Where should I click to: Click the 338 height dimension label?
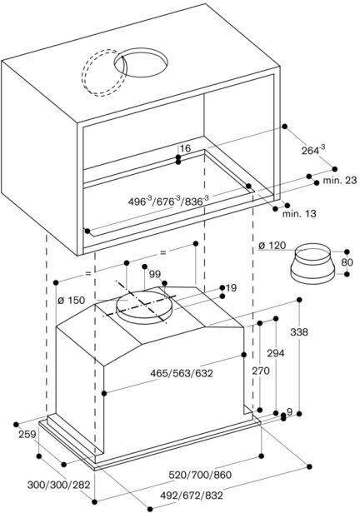(299, 332)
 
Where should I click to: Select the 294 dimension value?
(276, 353)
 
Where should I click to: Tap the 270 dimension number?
(261, 371)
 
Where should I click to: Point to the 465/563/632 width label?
(182, 373)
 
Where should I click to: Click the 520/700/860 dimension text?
(200, 475)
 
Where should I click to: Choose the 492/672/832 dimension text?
(192, 496)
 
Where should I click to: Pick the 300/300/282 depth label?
(58, 485)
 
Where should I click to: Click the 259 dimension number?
(27, 435)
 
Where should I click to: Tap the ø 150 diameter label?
(72, 301)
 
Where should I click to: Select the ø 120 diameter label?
(272, 246)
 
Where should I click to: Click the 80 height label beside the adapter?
(347, 262)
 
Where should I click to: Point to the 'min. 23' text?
(340, 180)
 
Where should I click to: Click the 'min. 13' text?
(299, 214)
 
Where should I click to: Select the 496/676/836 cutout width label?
(168, 200)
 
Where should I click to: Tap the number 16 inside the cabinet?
(185, 148)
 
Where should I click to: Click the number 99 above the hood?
(155, 274)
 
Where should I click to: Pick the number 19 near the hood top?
(231, 288)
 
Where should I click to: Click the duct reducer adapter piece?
(312, 262)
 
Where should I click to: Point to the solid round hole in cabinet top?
(141, 62)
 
